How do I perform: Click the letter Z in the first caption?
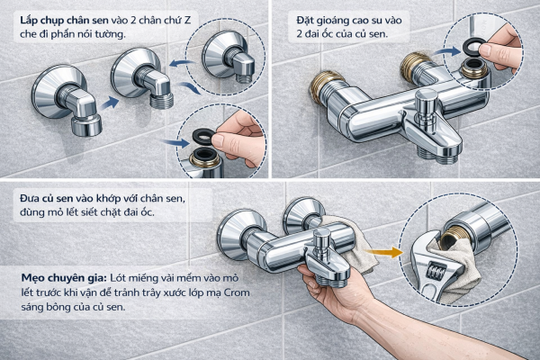[187, 21]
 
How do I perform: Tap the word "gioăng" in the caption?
[330, 21]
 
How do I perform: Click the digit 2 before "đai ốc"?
[300, 34]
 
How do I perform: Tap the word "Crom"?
[238, 292]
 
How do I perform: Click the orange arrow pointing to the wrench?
[384, 252]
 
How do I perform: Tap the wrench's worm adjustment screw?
[436, 270]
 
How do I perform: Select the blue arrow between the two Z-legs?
[109, 103]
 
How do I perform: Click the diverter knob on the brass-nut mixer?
[426, 104]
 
